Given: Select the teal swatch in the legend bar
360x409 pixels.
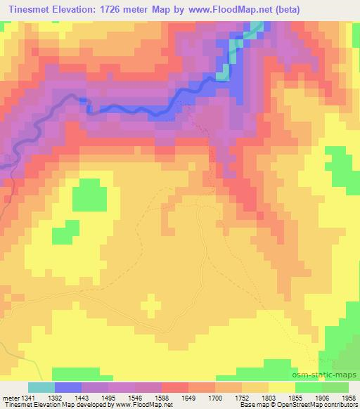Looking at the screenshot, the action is (41, 387).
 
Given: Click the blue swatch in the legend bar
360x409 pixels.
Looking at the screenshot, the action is (68, 387).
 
